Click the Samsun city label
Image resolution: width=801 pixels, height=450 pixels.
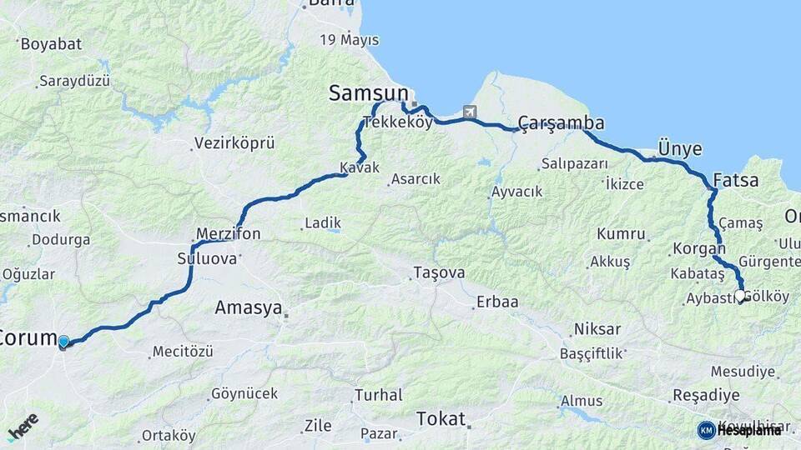(368, 93)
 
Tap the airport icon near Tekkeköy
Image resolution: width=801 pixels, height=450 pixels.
(471, 112)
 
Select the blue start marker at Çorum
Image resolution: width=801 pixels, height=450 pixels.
(63, 341)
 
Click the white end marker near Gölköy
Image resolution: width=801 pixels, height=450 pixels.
(739, 296)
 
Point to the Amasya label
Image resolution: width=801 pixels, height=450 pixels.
(248, 307)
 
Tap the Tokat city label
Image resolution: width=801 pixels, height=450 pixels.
(440, 418)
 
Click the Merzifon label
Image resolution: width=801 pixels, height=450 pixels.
(228, 234)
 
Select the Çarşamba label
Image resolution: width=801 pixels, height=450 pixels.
(561, 123)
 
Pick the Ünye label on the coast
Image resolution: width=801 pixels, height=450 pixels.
(679, 149)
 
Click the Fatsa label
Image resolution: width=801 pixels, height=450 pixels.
(736, 180)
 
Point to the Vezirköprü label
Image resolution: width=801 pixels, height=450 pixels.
(234, 143)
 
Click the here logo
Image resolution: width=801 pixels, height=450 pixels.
(23, 427)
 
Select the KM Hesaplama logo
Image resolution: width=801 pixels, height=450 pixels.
(739, 430)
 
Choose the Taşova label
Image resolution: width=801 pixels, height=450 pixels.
(439, 272)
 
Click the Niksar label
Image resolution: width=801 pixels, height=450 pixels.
(596, 329)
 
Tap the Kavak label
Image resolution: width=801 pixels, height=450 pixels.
(360, 167)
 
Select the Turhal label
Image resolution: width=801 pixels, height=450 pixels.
(378, 395)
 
